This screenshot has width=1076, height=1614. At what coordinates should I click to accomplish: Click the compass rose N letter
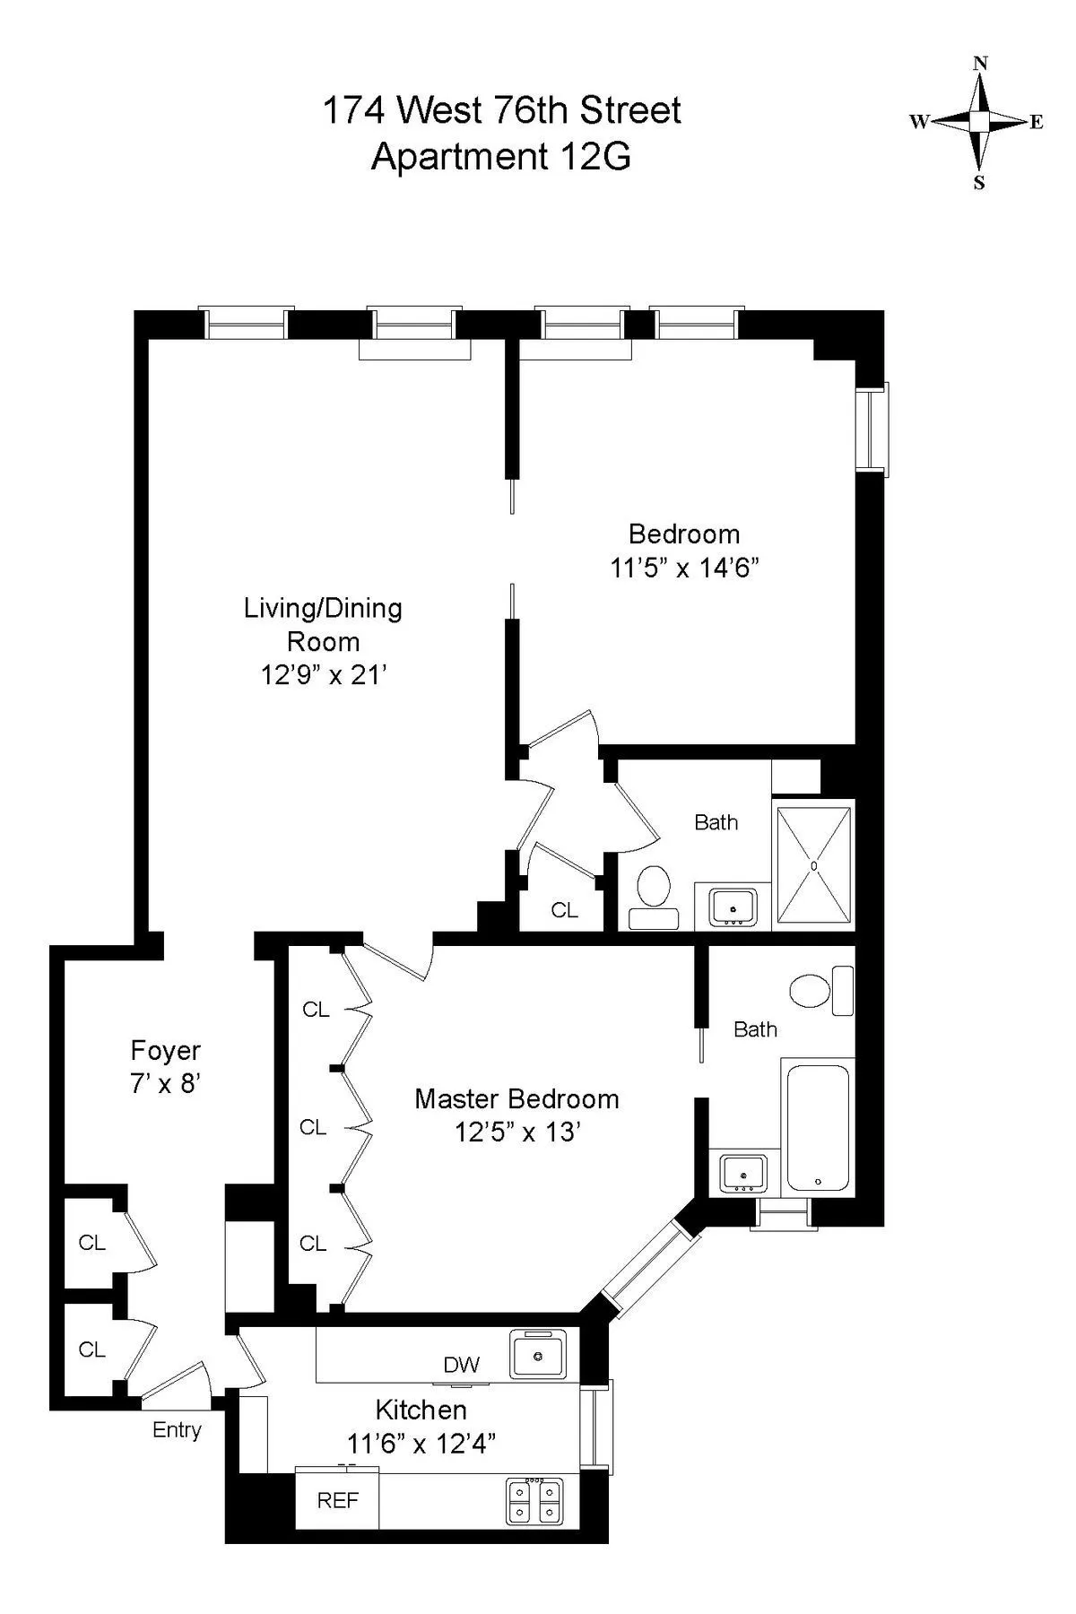(980, 64)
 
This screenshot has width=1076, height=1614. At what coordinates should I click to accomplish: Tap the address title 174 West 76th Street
(501, 111)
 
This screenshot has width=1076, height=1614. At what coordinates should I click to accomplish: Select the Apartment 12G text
(501, 157)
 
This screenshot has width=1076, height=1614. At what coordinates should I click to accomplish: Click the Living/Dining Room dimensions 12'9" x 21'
(323, 675)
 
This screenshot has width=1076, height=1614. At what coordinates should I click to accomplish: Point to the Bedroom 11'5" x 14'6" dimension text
(684, 568)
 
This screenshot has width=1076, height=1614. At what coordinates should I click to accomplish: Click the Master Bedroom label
(516, 1099)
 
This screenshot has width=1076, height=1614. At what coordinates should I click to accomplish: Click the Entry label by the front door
(177, 1430)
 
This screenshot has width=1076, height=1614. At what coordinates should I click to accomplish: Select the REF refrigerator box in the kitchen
(337, 1500)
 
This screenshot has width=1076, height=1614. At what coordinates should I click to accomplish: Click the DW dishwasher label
(462, 1366)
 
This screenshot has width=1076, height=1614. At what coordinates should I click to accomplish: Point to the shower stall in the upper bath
(813, 865)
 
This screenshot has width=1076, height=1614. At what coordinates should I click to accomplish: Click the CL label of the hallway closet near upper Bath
(564, 910)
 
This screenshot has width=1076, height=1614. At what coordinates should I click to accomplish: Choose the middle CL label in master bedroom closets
(313, 1127)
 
